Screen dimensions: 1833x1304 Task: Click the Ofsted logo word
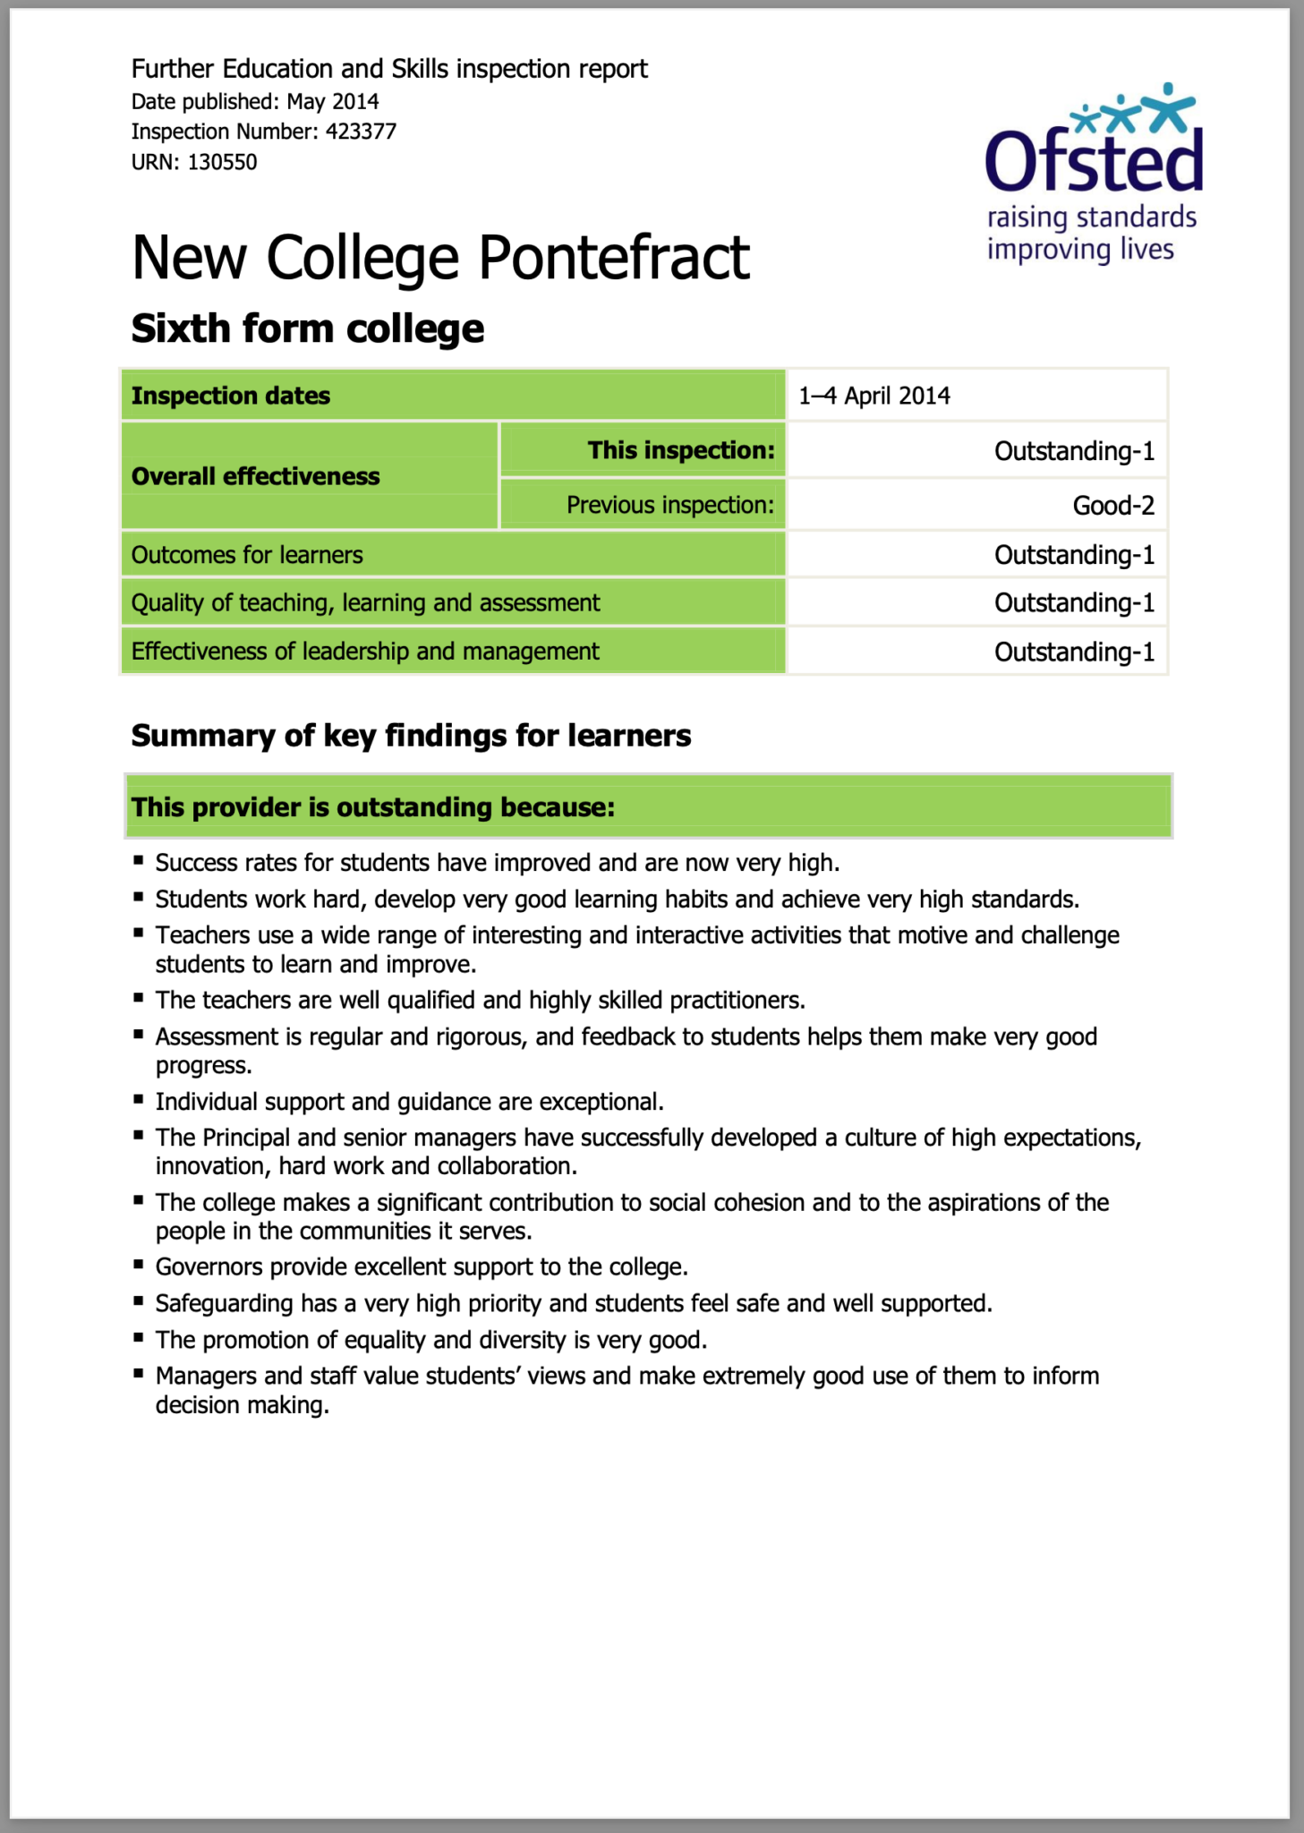click(x=1094, y=159)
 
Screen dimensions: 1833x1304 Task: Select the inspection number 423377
click(x=361, y=132)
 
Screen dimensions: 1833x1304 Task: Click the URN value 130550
click(x=222, y=162)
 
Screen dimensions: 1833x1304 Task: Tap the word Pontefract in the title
click(x=613, y=258)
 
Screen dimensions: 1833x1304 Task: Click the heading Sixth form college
click(x=307, y=328)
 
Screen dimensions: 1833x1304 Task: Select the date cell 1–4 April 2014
click(x=874, y=396)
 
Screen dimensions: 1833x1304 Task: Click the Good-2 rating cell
click(x=1112, y=506)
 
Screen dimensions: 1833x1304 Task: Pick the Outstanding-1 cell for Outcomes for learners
click(x=1073, y=555)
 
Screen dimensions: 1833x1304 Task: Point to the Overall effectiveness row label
click(x=256, y=476)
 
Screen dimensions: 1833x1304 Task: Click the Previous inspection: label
click(x=669, y=505)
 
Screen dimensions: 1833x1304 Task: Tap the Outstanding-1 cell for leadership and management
click(x=1073, y=652)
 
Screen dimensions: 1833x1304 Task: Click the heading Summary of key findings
click(x=411, y=736)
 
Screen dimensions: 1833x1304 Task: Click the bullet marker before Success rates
click(x=139, y=860)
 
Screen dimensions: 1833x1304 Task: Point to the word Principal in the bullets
click(x=246, y=1138)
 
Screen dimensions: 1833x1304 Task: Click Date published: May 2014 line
click(x=255, y=101)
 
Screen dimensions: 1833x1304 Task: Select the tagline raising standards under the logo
click(x=1091, y=217)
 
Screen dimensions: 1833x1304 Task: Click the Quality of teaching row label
click(x=365, y=602)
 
